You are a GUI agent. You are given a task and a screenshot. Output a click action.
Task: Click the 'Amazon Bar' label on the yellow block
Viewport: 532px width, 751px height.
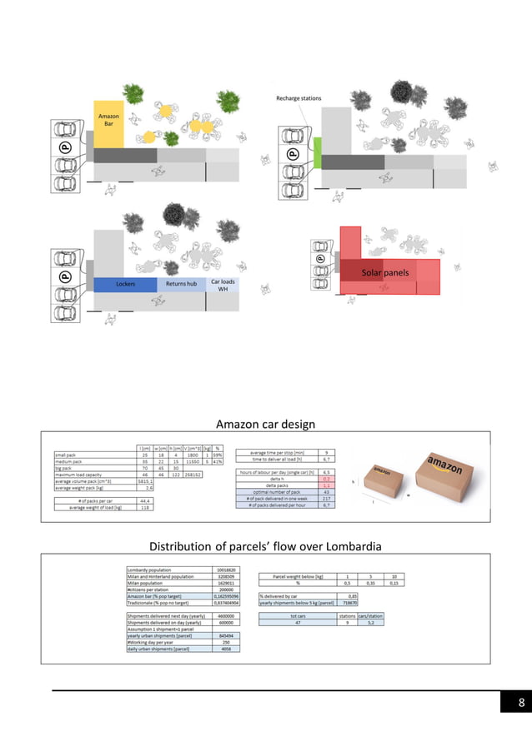pyautogui.click(x=108, y=120)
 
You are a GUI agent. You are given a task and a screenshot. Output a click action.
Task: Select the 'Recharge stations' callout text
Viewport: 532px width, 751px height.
pyautogui.click(x=299, y=98)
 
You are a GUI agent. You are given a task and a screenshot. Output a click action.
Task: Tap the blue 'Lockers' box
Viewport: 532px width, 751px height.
pyautogui.click(x=125, y=285)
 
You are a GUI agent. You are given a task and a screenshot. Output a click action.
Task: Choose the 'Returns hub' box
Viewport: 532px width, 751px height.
pyautogui.click(x=181, y=285)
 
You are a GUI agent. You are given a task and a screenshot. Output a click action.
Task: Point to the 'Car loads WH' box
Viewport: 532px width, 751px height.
pyautogui.click(x=223, y=285)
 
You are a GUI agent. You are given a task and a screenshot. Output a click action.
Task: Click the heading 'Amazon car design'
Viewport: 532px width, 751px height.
pyautogui.click(x=265, y=425)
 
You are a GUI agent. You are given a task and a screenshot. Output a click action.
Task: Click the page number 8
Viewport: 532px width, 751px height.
pyautogui.click(x=521, y=704)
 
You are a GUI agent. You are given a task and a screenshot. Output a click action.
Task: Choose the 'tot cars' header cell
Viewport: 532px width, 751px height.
pyautogui.click(x=297, y=616)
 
